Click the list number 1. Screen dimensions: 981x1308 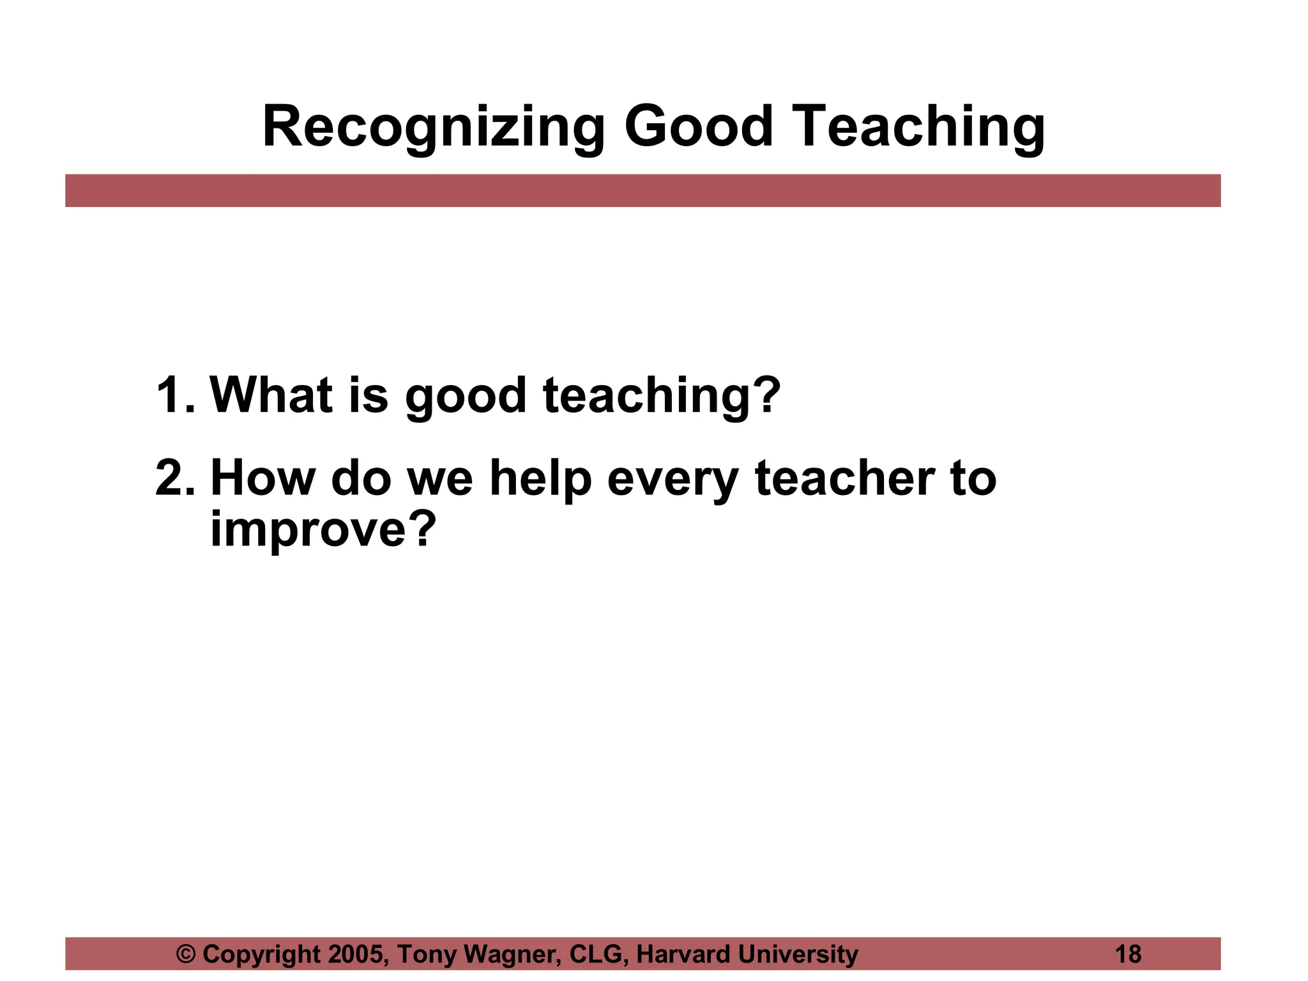172,395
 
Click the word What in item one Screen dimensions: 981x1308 271,395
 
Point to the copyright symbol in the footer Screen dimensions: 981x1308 186,954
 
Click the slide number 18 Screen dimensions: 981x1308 1128,954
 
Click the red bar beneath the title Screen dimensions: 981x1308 643,190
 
